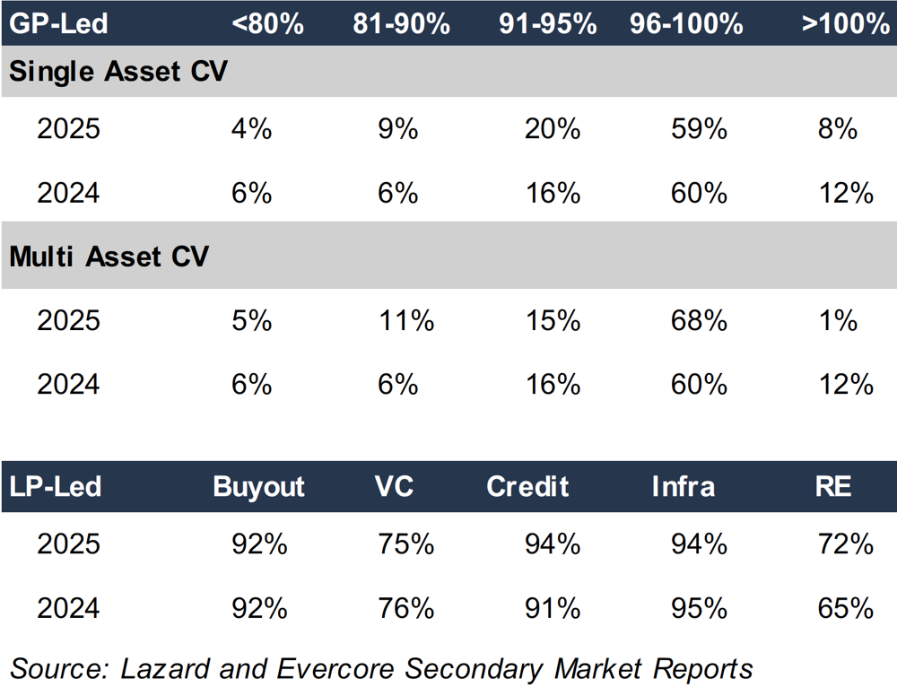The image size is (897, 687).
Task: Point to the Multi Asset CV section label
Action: [109, 257]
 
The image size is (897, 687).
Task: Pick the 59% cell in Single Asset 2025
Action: [698, 129]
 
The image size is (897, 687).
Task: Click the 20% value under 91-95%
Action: [552, 129]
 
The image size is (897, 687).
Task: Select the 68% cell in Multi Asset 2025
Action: [698, 320]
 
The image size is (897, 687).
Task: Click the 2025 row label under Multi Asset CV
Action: [68, 320]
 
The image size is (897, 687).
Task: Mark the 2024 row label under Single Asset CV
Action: [68, 193]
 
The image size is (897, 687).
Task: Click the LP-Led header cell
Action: [56, 486]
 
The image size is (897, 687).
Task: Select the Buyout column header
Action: [259, 486]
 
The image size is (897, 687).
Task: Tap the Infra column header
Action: [684, 486]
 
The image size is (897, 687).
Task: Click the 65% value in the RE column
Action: [845, 608]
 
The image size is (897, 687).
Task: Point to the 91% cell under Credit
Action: [552, 608]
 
